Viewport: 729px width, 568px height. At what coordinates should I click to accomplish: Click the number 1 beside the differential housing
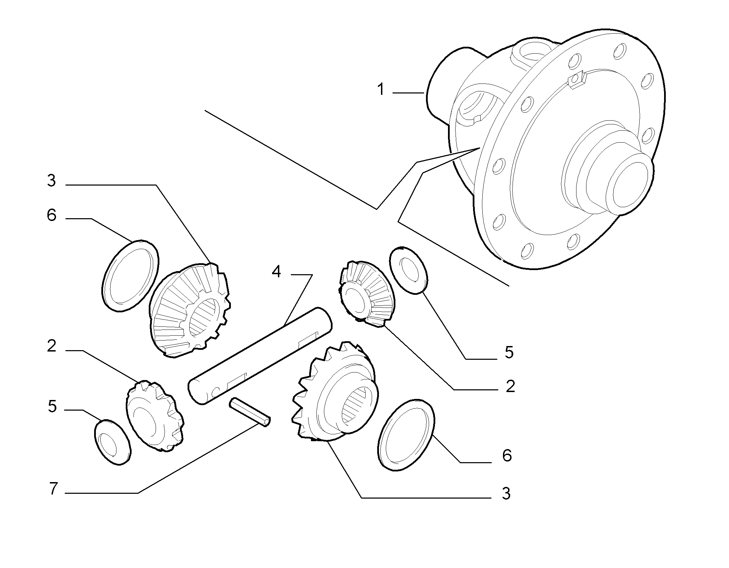click(380, 89)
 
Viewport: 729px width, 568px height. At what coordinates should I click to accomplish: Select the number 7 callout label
click(53, 489)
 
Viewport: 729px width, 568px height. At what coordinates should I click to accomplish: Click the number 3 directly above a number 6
click(52, 180)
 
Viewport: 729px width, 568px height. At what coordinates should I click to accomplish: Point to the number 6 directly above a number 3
click(507, 455)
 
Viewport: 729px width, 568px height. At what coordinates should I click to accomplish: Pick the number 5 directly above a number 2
click(509, 353)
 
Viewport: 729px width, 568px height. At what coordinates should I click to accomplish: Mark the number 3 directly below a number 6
click(506, 494)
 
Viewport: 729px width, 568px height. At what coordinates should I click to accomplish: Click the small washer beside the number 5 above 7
click(112, 443)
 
